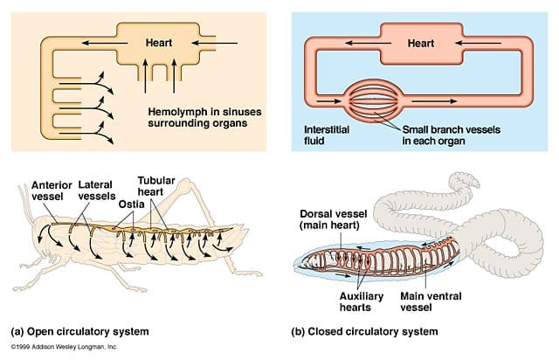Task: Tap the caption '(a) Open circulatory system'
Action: click(79, 332)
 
